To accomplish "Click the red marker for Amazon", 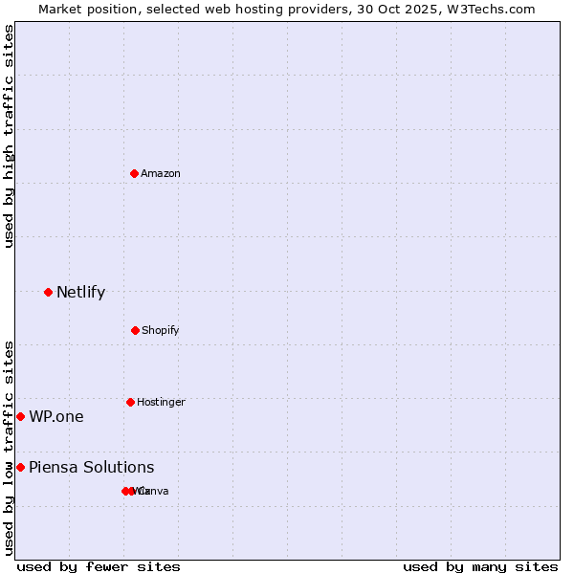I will tap(134, 173).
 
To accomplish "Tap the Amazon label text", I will tap(161, 173).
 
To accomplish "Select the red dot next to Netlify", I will tap(48, 292).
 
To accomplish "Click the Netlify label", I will tap(80, 292).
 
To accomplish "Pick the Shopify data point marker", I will tap(135, 330).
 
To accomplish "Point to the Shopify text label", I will tap(161, 330).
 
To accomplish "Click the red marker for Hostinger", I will tap(130, 402).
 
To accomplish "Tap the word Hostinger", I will tap(161, 402).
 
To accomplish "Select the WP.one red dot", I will tap(20, 416).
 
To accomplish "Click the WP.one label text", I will tap(55, 416).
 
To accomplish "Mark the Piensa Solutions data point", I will tap(20, 467).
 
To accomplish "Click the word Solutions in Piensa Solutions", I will tap(118, 467).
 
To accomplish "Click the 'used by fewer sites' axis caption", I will tap(99, 566).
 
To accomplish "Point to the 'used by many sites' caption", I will tap(480, 566).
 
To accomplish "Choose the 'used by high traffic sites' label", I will tap(9, 136).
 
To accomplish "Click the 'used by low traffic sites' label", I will tap(9, 448).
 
